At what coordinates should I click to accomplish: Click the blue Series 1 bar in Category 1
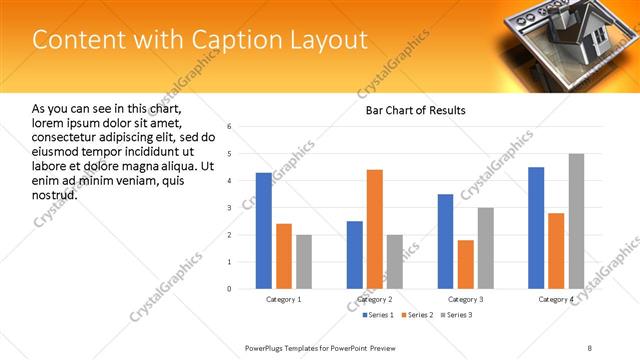(x=263, y=231)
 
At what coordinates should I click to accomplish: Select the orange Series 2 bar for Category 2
(x=375, y=229)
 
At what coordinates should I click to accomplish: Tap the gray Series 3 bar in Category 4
(x=576, y=221)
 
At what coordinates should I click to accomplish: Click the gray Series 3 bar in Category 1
(x=303, y=262)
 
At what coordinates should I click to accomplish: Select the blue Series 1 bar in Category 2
(x=355, y=255)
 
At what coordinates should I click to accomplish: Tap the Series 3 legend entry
(x=457, y=315)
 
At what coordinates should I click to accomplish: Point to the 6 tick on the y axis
(x=229, y=127)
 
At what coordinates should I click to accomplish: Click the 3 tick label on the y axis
(x=229, y=208)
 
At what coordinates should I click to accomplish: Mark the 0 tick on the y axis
(x=229, y=289)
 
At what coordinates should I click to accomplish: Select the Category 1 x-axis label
(x=284, y=300)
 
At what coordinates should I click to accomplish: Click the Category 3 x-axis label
(x=465, y=300)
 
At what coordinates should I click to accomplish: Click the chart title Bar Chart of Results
(x=416, y=110)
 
